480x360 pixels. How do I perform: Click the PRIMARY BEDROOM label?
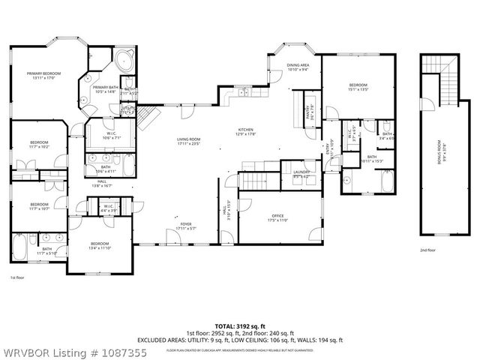pos(43,73)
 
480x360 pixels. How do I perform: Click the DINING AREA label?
pos(298,66)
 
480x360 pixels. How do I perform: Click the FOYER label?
pos(184,224)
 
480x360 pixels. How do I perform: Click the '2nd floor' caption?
pos(429,250)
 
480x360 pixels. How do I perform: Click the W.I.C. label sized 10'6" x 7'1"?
pos(101,135)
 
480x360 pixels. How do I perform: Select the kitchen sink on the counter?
pos(244,92)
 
